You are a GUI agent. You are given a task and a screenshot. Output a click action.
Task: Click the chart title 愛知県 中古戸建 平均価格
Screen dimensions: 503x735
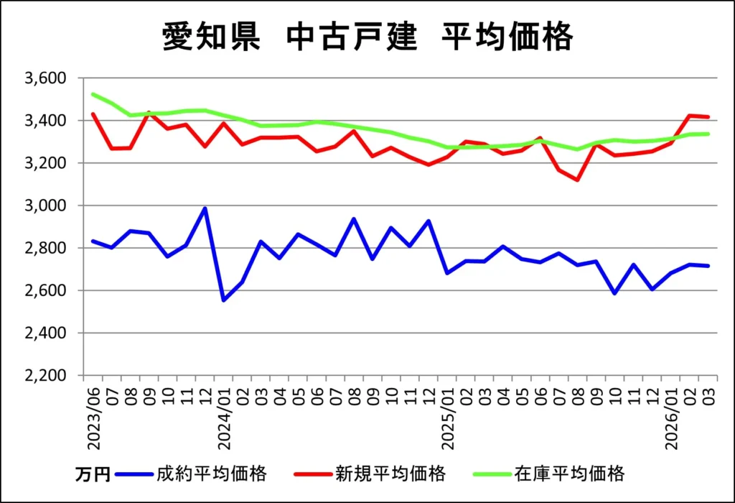point(367,38)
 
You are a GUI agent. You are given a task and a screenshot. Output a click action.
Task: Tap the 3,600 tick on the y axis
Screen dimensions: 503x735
point(45,78)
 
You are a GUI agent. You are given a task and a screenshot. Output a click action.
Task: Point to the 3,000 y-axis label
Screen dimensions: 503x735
point(45,206)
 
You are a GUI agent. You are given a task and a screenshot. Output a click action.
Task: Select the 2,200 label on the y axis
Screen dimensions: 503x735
point(45,376)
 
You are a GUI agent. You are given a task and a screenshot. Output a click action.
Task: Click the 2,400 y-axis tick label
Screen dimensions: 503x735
point(45,333)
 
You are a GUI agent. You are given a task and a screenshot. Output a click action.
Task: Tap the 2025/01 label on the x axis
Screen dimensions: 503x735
point(448,416)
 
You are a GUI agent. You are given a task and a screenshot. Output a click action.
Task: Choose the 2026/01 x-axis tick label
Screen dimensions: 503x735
point(672,416)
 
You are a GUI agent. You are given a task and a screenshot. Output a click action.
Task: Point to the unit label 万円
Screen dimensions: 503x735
point(93,474)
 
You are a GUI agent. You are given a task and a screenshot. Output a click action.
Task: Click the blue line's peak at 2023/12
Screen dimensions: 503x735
point(205,208)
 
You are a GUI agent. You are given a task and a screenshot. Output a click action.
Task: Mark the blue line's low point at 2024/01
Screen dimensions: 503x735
point(224,300)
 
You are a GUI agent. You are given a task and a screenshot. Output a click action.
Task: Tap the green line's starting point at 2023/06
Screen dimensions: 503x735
point(93,94)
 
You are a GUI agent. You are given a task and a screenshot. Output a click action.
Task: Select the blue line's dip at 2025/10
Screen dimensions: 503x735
point(615,293)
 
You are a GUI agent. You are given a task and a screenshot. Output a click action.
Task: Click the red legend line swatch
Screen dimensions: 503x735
point(313,474)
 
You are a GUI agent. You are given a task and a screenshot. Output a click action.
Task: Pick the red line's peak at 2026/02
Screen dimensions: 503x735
point(690,115)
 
